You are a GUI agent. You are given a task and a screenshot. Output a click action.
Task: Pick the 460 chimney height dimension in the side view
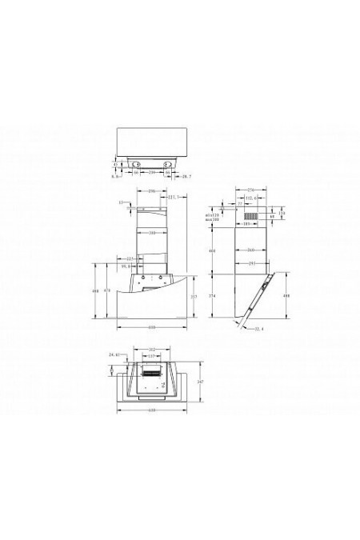click(x=212, y=252)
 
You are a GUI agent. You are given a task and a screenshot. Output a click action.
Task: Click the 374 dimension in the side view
click(x=212, y=295)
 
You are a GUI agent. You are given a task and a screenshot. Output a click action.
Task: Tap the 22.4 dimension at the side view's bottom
click(x=257, y=328)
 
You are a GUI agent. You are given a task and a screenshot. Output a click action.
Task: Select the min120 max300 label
click(x=211, y=217)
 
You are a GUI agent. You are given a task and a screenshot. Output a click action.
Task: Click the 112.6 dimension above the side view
click(x=249, y=198)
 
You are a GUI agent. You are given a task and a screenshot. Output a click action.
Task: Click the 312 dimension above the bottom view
click(x=150, y=349)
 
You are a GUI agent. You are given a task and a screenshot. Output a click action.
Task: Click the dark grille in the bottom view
click(x=152, y=372)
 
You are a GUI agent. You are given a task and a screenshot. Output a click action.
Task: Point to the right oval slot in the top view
click(x=170, y=164)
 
